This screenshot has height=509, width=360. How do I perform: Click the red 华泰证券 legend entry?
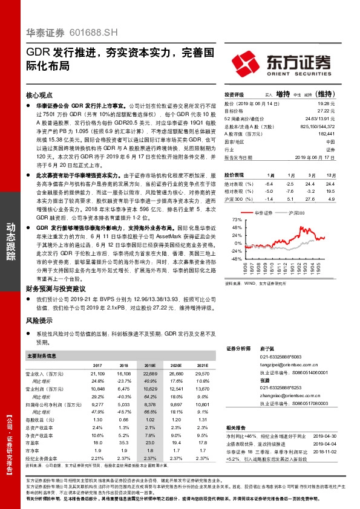[x=266, y=213]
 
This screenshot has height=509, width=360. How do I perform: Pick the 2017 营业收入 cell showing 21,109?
[x=97, y=374]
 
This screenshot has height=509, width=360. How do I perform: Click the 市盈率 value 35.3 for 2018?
[x=124, y=442]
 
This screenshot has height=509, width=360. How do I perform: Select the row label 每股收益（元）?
[x=40, y=418]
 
